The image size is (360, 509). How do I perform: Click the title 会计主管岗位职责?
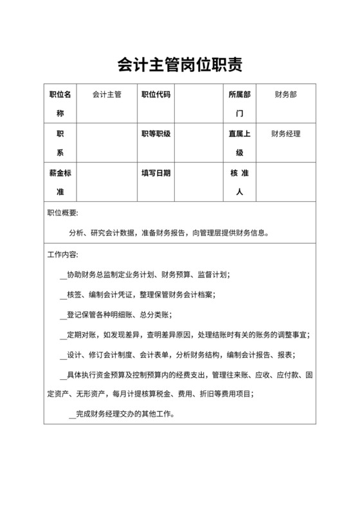point(179,65)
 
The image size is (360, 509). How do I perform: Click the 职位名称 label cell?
point(60,103)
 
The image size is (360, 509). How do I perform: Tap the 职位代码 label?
point(156,94)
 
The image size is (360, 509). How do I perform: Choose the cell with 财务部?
point(285,94)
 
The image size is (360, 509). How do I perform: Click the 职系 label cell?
point(60,143)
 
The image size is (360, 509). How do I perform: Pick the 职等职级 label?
point(156,134)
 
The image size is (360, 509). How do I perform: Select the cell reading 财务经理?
point(285,134)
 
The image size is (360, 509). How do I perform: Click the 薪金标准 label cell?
point(60,183)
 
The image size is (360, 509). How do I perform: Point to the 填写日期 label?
point(156,174)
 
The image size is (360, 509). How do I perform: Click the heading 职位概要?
point(63,213)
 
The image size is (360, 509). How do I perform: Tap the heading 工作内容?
point(63,254)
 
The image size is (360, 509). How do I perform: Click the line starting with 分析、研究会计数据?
point(168,233)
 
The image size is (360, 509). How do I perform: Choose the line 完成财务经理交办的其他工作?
point(122,414)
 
